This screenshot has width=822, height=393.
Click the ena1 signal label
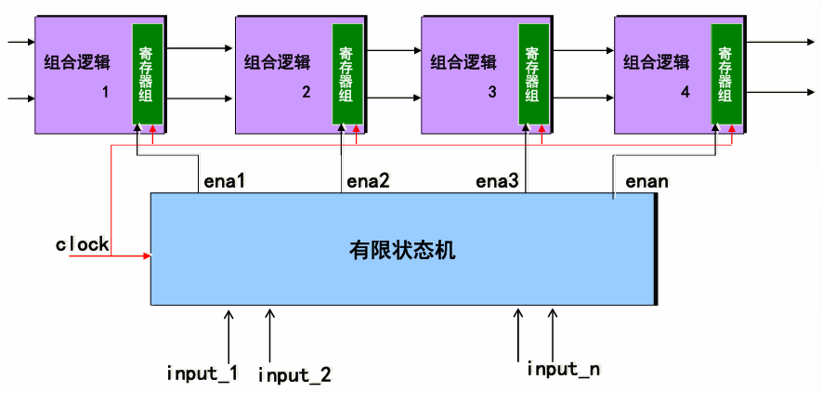224,180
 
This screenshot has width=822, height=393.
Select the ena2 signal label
368,180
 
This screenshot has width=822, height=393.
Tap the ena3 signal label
496,180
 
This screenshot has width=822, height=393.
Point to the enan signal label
646,180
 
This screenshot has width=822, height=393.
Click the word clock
82,245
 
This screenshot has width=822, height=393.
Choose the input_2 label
294,374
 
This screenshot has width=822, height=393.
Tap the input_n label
563,369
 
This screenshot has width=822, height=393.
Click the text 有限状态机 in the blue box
402,250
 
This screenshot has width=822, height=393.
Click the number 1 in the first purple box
106,93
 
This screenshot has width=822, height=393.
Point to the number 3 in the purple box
492,93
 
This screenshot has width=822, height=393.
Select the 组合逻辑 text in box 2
278,63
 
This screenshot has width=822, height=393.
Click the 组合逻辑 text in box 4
656,63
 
